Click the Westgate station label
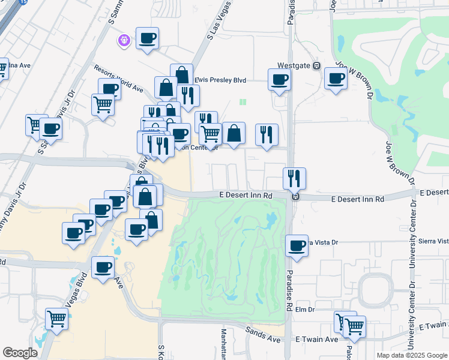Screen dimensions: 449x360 294,66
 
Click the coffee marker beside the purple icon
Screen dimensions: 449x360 147,40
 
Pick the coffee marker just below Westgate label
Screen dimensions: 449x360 279,79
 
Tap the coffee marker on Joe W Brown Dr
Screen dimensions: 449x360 336,78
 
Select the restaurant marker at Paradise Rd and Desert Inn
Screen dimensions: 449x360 294,178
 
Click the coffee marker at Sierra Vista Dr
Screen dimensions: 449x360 297,245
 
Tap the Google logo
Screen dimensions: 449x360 20,353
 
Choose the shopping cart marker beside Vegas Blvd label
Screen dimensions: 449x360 57,319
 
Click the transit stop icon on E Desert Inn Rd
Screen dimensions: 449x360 294,196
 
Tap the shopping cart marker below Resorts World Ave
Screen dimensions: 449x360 103,104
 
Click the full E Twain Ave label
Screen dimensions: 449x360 317,340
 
